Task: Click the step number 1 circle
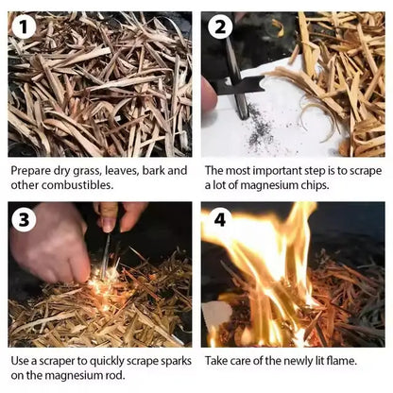(x=24, y=27)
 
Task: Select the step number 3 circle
(x=24, y=219)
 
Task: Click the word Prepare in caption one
(x=30, y=171)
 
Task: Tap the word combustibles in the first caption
(x=77, y=185)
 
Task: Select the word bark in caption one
(x=153, y=170)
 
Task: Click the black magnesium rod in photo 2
(x=234, y=77)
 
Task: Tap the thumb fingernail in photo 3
(x=109, y=224)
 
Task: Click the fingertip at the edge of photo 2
(x=209, y=95)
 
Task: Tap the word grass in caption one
(x=86, y=172)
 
